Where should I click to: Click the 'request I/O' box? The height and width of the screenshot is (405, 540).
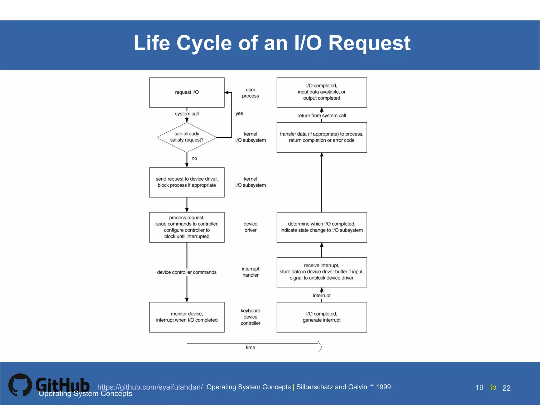pos(187,92)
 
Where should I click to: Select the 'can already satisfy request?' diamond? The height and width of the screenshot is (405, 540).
pos(187,137)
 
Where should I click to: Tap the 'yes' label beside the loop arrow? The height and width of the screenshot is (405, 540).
pos(239,113)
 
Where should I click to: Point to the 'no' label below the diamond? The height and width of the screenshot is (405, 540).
pos(194,158)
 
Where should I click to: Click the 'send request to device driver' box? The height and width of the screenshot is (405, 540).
pos(187,182)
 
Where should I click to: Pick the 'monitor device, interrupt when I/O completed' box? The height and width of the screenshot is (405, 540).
pos(187,317)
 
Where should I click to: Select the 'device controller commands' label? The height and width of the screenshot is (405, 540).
pos(187,272)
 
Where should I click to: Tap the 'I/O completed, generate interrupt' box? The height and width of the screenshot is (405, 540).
pos(321,317)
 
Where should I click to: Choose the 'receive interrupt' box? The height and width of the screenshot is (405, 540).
pos(321,272)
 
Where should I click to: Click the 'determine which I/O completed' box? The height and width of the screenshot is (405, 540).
pos(321,227)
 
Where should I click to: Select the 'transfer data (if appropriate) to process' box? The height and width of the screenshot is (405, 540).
pos(321,137)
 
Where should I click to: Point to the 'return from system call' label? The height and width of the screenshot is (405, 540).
pos(321,115)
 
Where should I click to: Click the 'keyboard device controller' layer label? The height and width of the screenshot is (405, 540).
pos(250,317)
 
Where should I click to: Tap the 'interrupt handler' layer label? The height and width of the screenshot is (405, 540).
pos(250,272)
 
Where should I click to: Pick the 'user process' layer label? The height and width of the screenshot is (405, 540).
pos(250,93)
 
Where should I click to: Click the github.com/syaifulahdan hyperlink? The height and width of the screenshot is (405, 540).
pos(150,387)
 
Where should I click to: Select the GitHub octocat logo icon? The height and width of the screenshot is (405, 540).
pos(20,385)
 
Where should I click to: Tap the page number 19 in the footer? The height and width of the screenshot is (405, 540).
pos(479,388)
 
